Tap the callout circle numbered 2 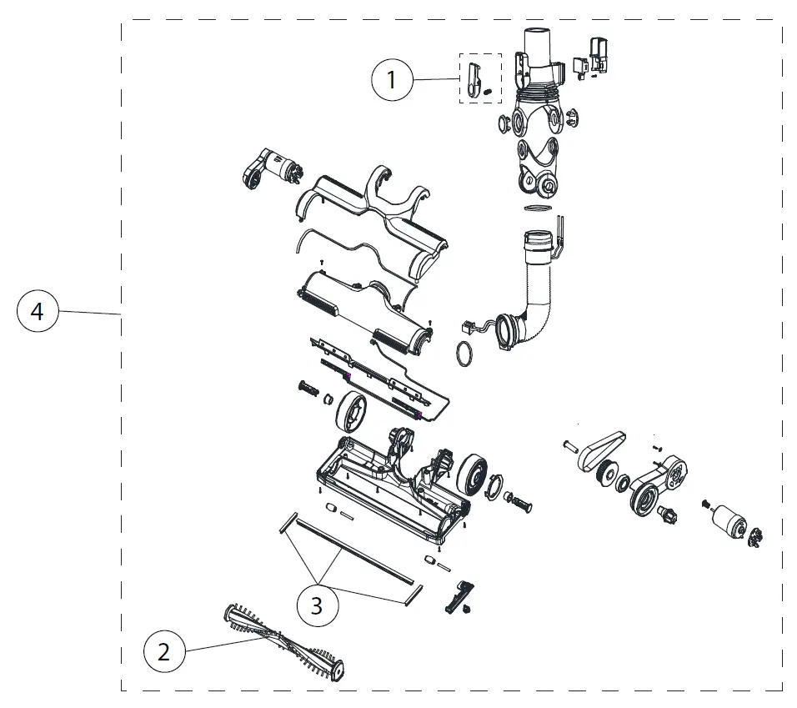(x=164, y=651)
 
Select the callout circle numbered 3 (x=317, y=605)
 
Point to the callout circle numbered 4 (x=38, y=312)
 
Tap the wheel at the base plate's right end (x=473, y=476)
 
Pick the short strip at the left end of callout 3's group (x=283, y=522)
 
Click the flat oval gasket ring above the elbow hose (x=539, y=206)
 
